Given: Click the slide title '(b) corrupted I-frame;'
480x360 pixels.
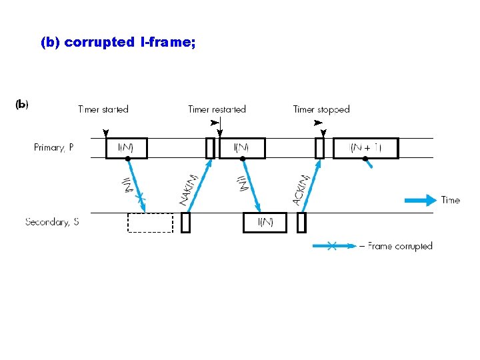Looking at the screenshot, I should point(117,42).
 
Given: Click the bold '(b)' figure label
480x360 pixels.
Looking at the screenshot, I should point(21,104).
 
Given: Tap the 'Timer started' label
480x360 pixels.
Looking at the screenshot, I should point(103,109).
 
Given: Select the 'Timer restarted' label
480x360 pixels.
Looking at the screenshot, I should point(217,109).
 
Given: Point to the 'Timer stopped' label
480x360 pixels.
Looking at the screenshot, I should point(321,109).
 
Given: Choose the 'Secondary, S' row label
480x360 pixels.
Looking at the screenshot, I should point(52,222).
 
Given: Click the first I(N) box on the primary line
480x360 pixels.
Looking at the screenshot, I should point(126,148).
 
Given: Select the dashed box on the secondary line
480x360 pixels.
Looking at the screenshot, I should point(150,223).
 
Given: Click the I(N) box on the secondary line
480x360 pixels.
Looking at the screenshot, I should point(265,223).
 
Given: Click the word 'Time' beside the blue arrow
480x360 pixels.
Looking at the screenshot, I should point(451,200).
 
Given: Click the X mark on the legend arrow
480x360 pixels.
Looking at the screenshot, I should point(331,246).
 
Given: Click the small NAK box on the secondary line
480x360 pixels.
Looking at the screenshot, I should point(185,223).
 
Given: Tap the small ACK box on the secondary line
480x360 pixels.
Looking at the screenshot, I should point(301,223).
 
